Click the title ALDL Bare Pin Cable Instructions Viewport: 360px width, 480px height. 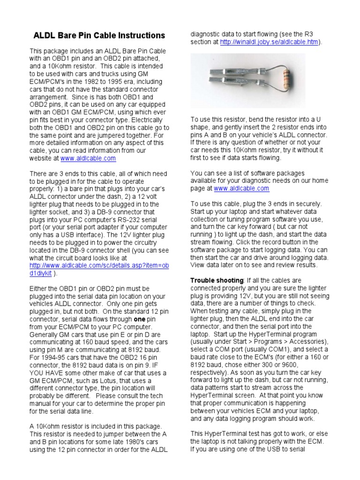pos(98,35)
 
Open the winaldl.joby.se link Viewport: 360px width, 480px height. pos(269,42)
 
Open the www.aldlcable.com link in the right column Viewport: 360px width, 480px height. pos(241,188)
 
